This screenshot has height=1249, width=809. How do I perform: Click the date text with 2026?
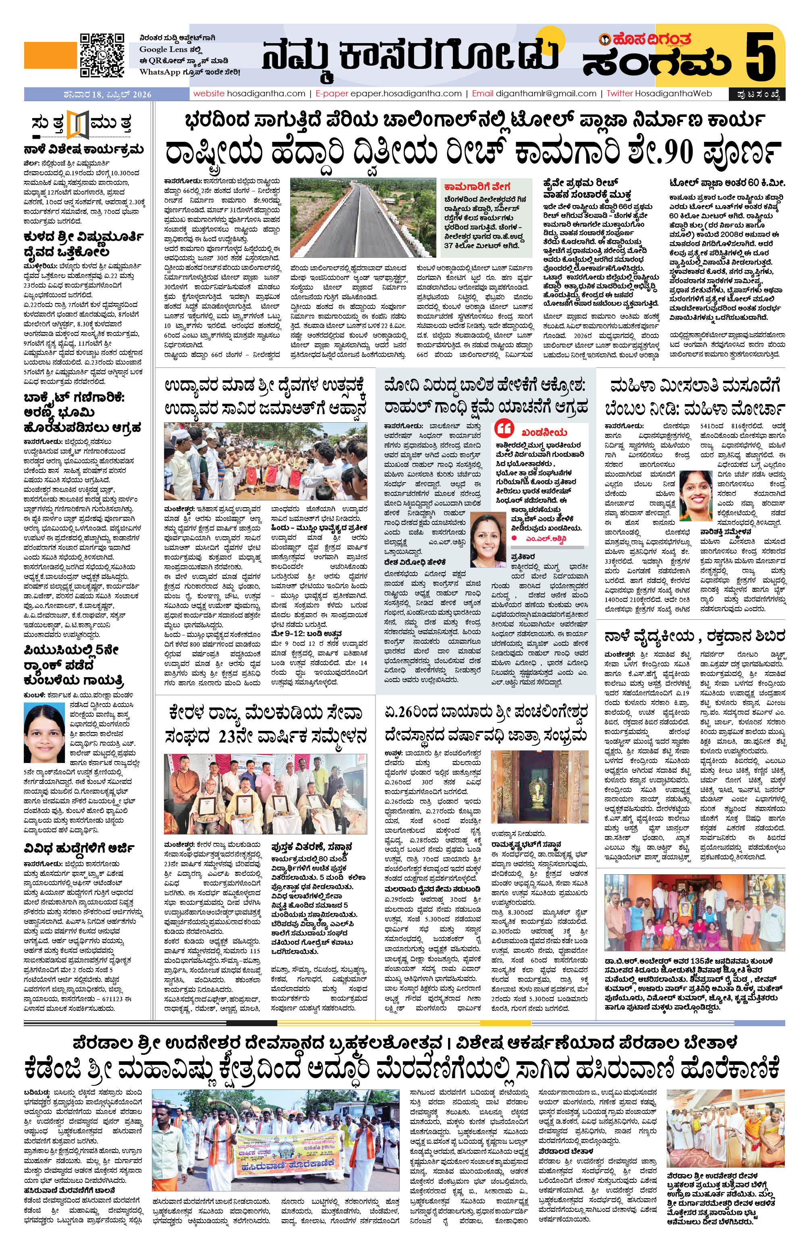[114, 94]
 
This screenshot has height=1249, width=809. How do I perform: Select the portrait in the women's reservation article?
[699, 491]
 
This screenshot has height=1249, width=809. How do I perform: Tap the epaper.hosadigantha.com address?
[406, 93]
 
